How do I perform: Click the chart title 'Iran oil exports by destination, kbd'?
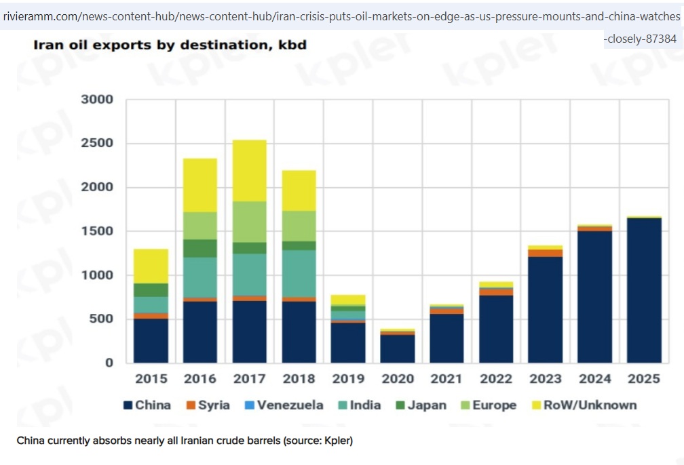(170, 45)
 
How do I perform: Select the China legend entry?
(147, 405)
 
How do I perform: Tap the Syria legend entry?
(208, 405)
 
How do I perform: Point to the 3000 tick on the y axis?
(97, 100)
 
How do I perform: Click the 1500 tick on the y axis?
(97, 231)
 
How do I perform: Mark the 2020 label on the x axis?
(398, 379)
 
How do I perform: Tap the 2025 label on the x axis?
(644, 379)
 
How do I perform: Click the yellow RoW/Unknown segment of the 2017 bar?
(249, 170)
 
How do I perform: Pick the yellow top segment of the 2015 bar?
(151, 266)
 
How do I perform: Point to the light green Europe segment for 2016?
(200, 225)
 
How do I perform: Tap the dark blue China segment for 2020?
(398, 348)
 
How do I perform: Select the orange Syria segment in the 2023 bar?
(546, 253)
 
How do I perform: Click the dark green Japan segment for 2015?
(151, 289)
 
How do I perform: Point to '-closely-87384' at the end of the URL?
(639, 39)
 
